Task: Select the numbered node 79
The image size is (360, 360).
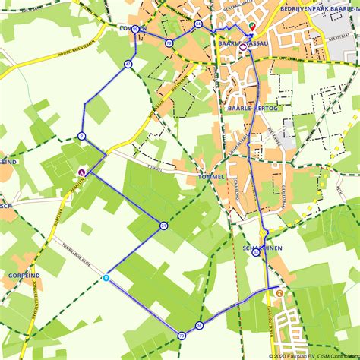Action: pos(169,43)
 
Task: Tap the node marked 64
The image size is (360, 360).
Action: pos(197,24)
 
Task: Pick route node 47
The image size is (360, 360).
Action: pos(128,65)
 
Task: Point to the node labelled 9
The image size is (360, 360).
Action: pos(81,137)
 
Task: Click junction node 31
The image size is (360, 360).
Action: pos(163,226)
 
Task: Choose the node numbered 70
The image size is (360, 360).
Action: pos(182,335)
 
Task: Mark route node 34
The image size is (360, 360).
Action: pos(199,325)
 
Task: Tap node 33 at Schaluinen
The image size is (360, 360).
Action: pos(256,254)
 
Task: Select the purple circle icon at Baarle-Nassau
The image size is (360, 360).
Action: pos(242,46)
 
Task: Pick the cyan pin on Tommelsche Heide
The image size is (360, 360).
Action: pos(106,278)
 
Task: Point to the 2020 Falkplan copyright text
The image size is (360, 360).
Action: pos(313,355)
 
